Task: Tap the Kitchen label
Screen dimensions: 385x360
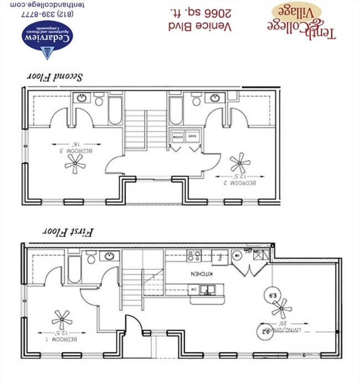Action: (199, 274)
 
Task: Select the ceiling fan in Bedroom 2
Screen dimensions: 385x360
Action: (240, 163)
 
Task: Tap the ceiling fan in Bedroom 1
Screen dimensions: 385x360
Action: (62, 319)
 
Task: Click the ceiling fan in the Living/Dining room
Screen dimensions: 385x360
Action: (282, 308)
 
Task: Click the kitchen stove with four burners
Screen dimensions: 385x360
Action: (194, 256)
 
